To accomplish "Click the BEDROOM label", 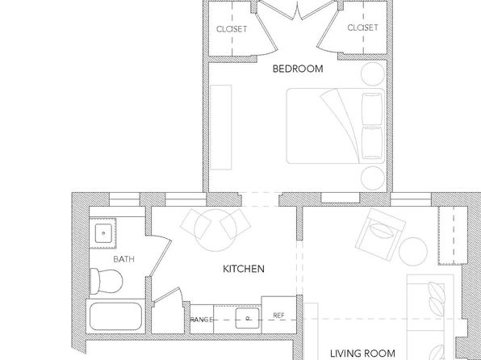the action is (298, 69).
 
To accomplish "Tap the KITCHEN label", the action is (243, 269).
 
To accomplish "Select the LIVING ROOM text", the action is (362, 354).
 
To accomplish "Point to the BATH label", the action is (123, 259).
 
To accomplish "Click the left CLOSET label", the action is (232, 29).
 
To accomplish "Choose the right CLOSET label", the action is (362, 27).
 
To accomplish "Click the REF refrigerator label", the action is (278, 315).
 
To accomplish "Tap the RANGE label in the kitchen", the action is (201, 320).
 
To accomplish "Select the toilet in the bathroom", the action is (107, 281).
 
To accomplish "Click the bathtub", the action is (115, 316).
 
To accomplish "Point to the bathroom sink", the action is (103, 233).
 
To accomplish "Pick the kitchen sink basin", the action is (247, 318).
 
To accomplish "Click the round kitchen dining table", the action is (215, 230).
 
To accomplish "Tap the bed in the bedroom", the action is (335, 126).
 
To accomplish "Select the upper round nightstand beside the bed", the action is (372, 74).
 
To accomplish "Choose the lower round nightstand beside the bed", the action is (372, 178).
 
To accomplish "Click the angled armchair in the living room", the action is (380, 234).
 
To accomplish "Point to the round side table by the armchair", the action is (413, 251).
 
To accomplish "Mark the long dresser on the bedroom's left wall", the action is (221, 128).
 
